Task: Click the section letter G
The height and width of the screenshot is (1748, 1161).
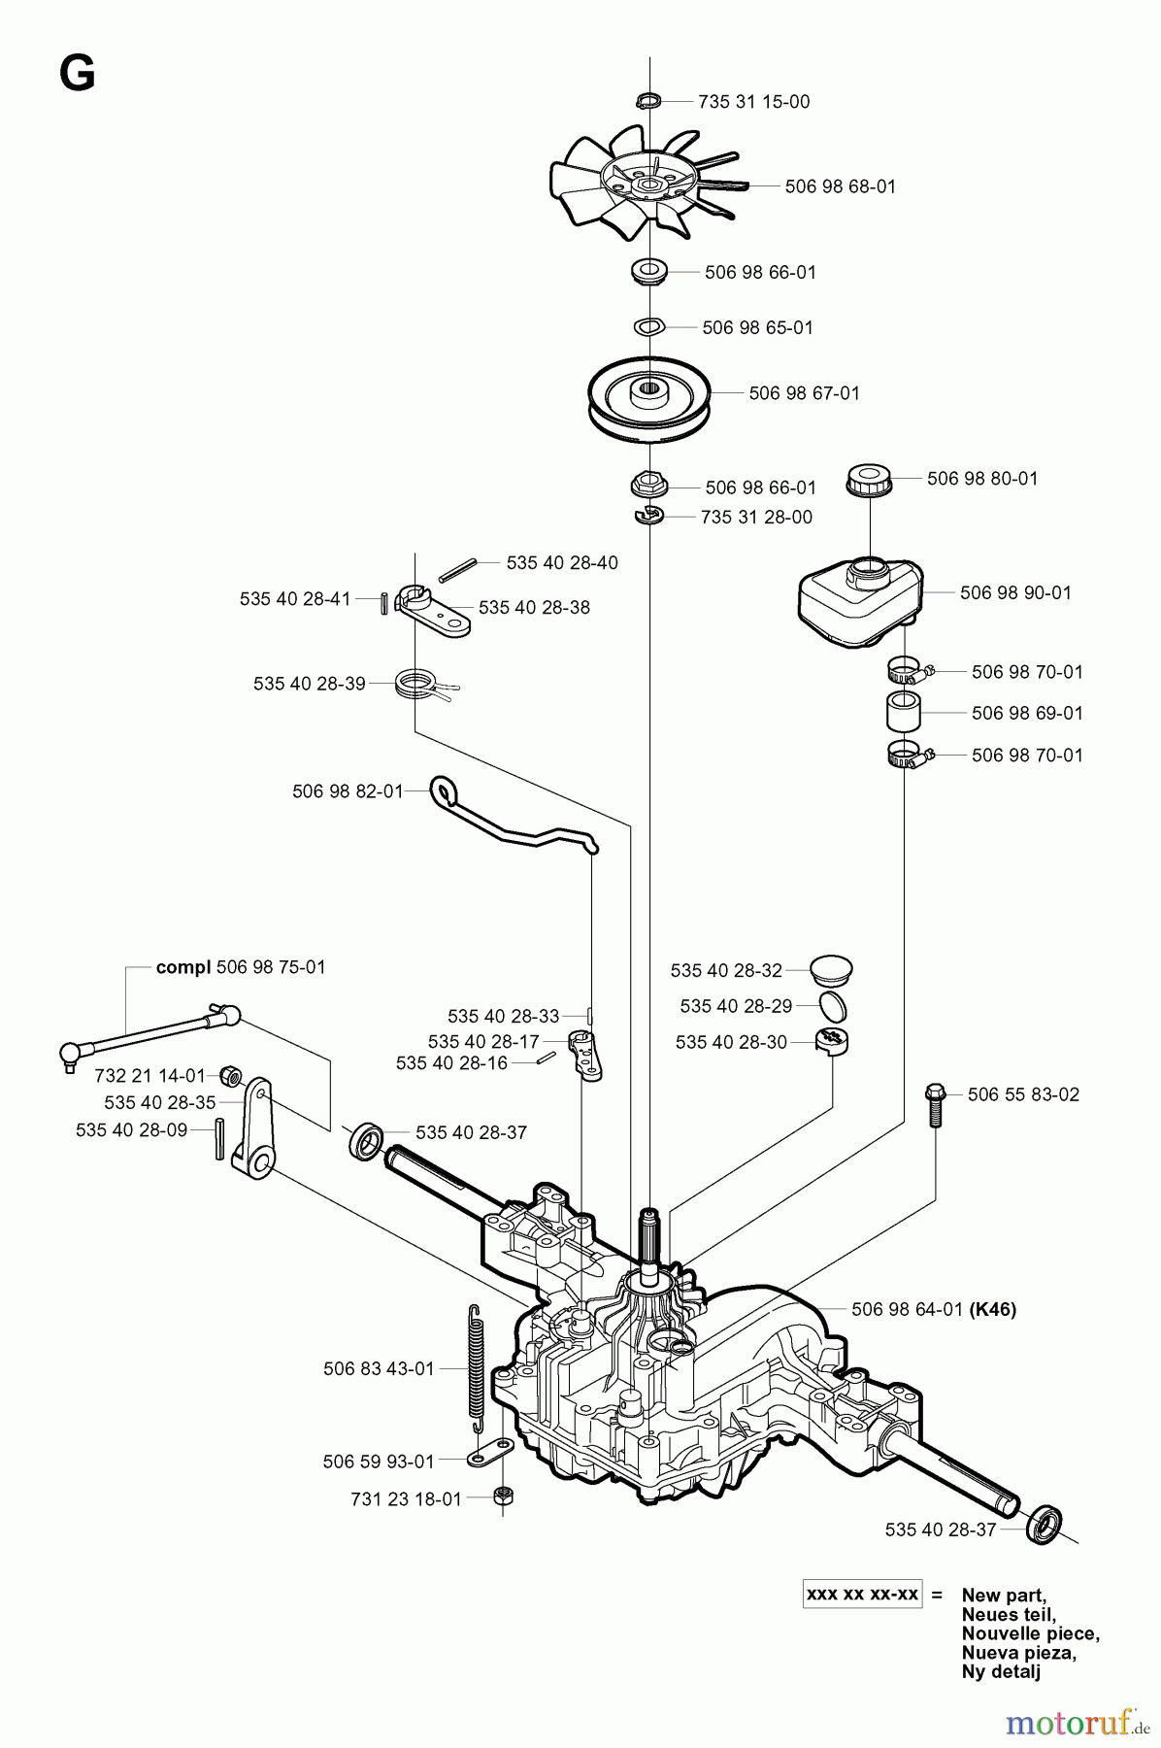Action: coord(77,73)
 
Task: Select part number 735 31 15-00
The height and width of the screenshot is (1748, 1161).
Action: coord(753,102)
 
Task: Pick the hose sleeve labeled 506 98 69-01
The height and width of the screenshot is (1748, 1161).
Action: coord(903,713)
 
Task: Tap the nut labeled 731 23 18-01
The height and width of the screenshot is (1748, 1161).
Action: coord(503,1496)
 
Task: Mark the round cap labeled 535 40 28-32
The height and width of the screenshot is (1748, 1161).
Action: coord(831,969)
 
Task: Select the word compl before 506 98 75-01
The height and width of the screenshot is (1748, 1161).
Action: coord(183,967)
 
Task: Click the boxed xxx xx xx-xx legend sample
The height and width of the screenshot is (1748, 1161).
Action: coord(862,1595)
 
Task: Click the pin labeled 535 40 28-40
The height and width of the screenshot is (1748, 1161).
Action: coord(455,568)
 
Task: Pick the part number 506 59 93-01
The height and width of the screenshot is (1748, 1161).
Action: coord(379,1462)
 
